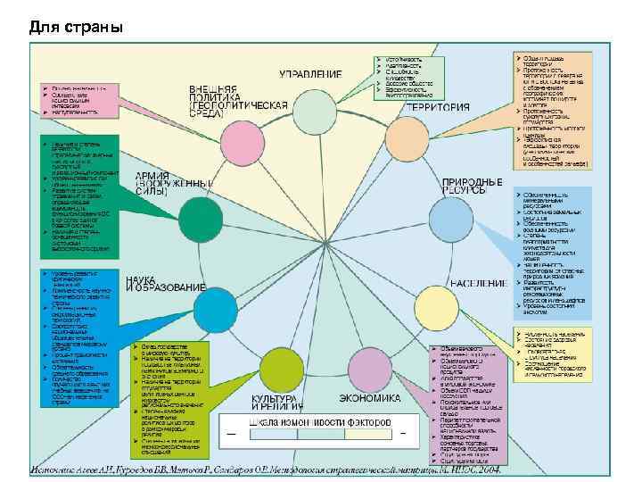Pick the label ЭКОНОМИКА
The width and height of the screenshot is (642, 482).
[x=370, y=398]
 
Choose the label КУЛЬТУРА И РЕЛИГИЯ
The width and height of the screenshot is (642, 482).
[x=277, y=403]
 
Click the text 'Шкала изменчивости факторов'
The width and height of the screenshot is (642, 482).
[x=319, y=420]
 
